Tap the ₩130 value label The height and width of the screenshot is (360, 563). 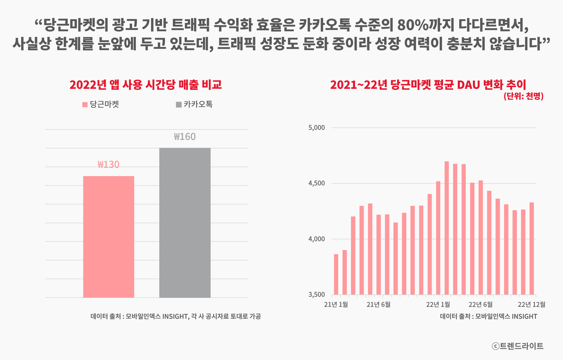click(109, 165)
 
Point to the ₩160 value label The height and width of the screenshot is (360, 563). click(185, 137)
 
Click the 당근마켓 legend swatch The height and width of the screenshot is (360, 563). click(85, 105)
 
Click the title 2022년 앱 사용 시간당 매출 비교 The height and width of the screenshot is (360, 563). click(146, 84)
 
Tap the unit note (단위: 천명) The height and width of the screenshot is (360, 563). click(523, 97)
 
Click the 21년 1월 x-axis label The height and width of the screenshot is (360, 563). click(336, 304)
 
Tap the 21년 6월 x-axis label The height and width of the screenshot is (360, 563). click(378, 304)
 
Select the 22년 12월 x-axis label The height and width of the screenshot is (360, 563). click(531, 304)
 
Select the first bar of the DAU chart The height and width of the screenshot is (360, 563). click(336, 274)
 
